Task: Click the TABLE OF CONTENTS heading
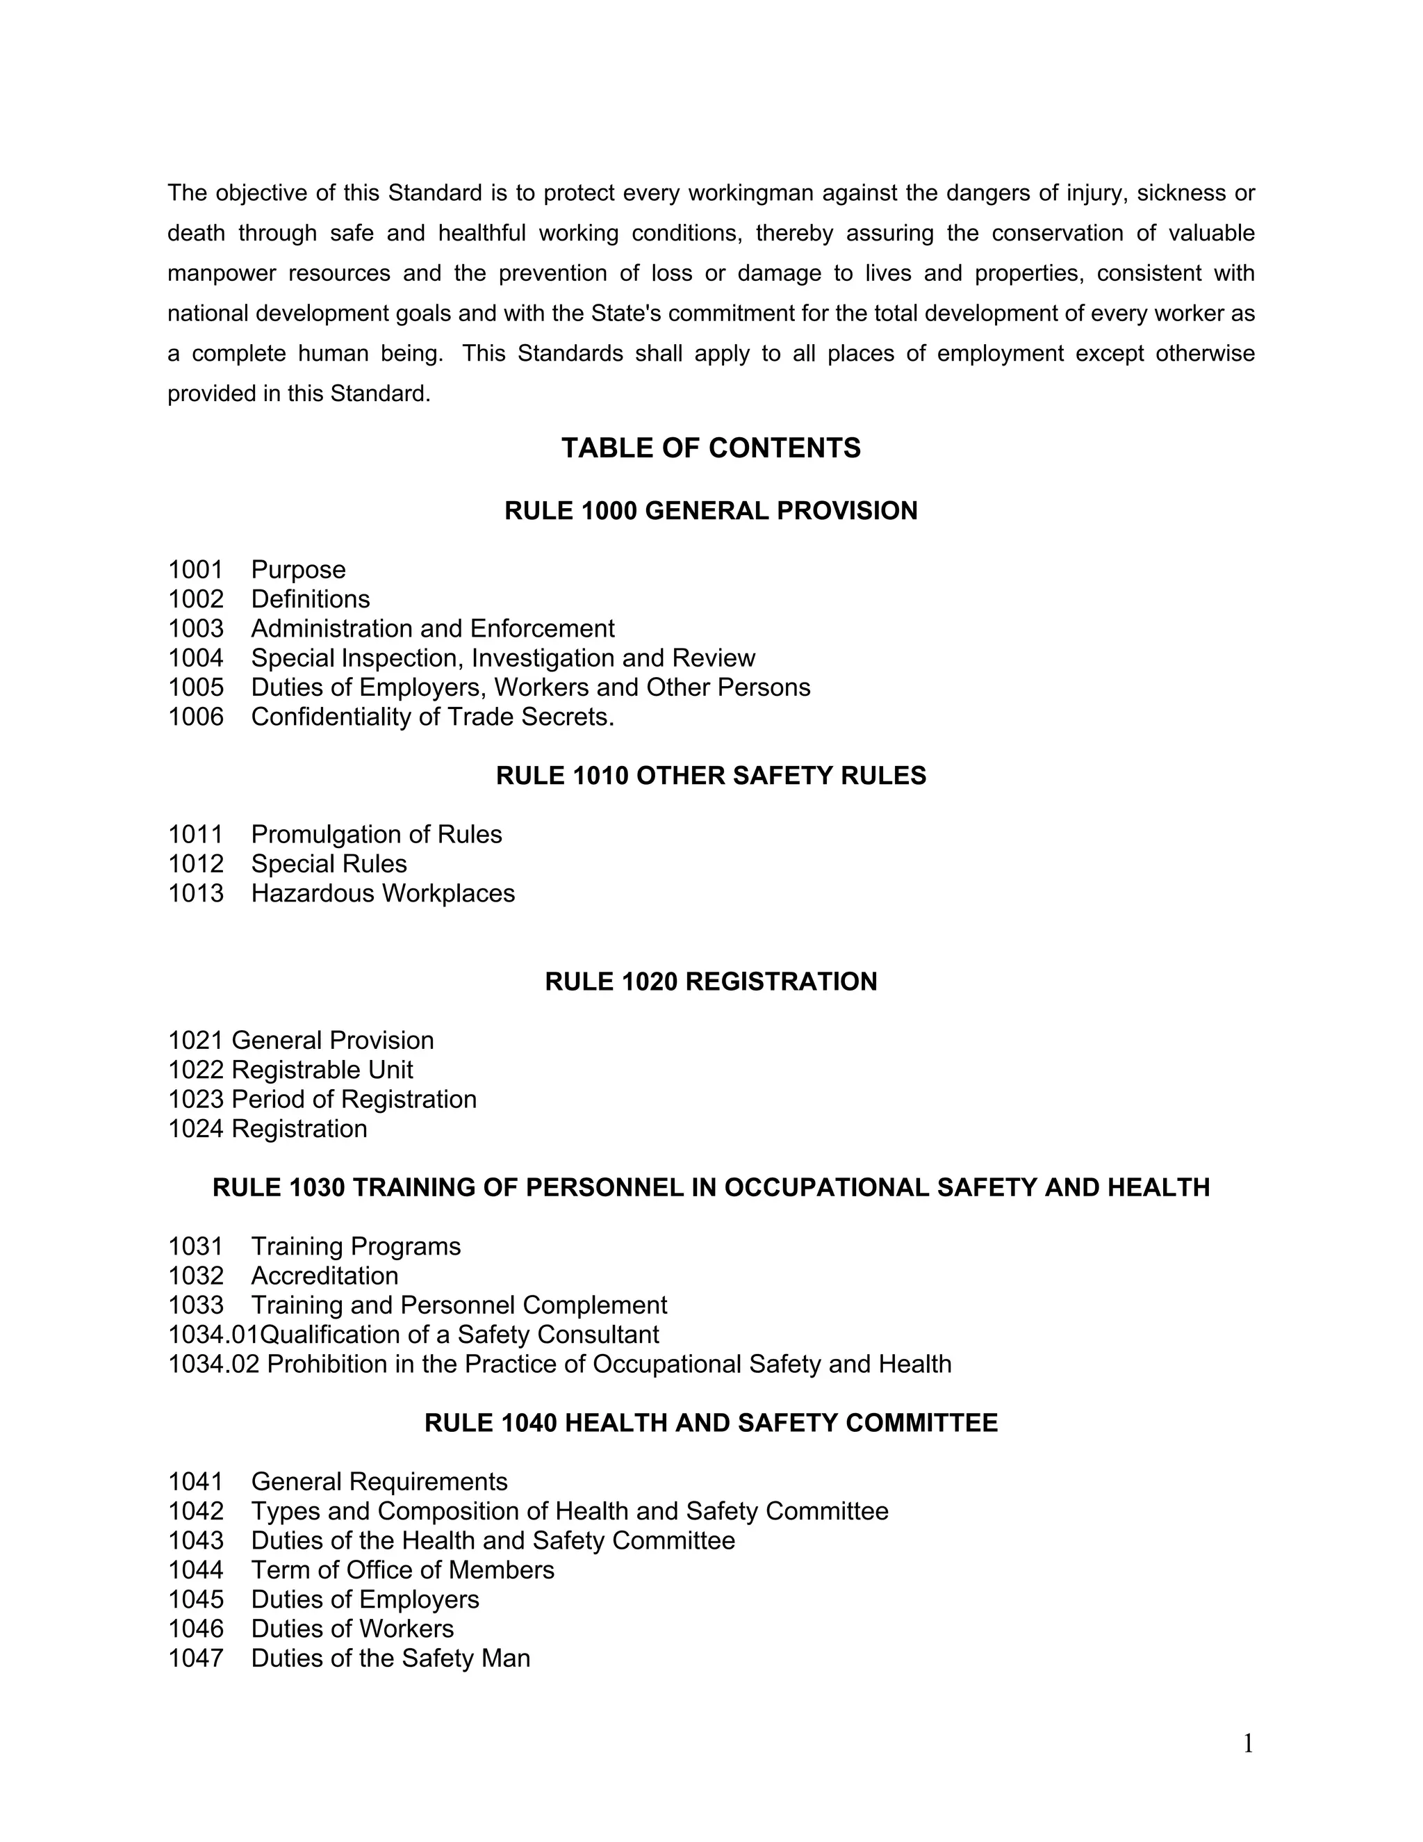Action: pyautogui.click(x=711, y=448)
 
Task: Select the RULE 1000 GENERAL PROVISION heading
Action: pyautogui.click(x=711, y=511)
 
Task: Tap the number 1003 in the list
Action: pyautogui.click(x=195, y=628)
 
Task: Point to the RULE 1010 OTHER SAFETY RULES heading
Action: pyautogui.click(x=711, y=776)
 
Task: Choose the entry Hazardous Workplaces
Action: pyautogui.click(x=383, y=893)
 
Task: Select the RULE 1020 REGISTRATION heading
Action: pyautogui.click(x=711, y=981)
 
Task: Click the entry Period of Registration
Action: pyautogui.click(x=354, y=1100)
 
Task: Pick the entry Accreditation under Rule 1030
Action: pyautogui.click(x=324, y=1276)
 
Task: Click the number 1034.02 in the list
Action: pyautogui.click(x=213, y=1364)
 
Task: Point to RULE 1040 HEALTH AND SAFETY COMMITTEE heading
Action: pyautogui.click(x=711, y=1424)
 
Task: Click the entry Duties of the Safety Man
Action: pyautogui.click(x=390, y=1659)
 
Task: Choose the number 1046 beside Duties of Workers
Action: pyautogui.click(x=195, y=1629)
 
